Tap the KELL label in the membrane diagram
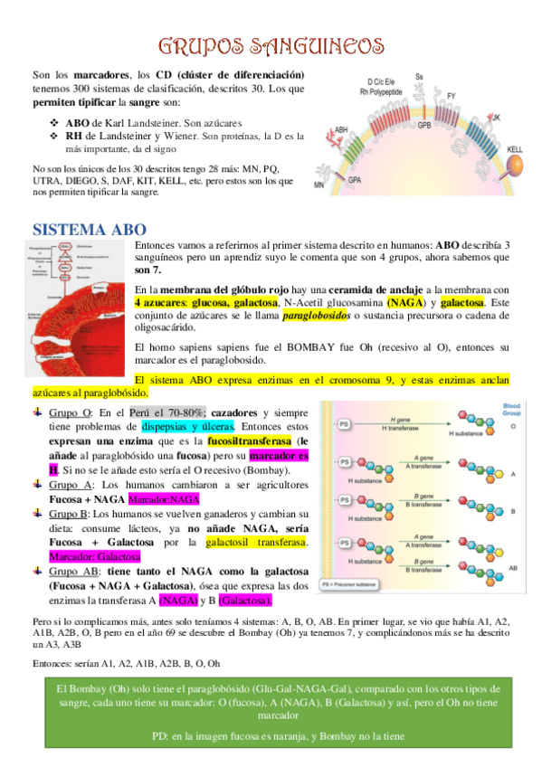515,148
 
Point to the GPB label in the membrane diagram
423,125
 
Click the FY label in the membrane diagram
452,95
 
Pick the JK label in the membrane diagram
495,118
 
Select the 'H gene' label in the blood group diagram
399,419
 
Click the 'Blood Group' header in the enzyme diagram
510,410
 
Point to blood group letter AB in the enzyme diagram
513,567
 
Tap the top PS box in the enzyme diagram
345,423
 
